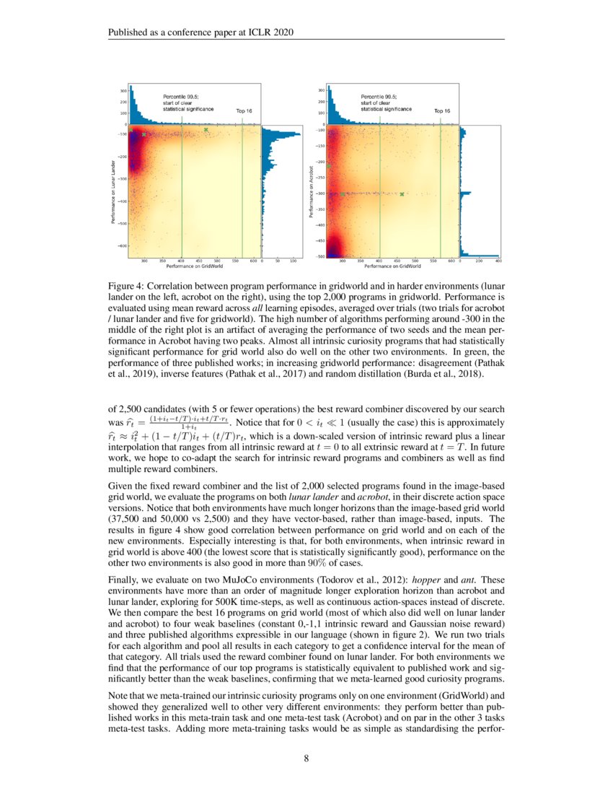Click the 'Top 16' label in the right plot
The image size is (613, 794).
point(442,111)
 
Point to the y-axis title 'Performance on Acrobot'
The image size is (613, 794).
point(310,191)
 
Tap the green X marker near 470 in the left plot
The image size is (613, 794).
point(206,130)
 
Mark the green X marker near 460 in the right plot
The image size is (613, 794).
point(402,193)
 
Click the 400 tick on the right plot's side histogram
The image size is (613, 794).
point(498,261)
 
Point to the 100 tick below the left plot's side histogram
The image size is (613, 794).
point(294,261)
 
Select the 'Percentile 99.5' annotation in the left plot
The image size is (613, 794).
point(180,96)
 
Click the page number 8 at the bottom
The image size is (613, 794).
point(306,758)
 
